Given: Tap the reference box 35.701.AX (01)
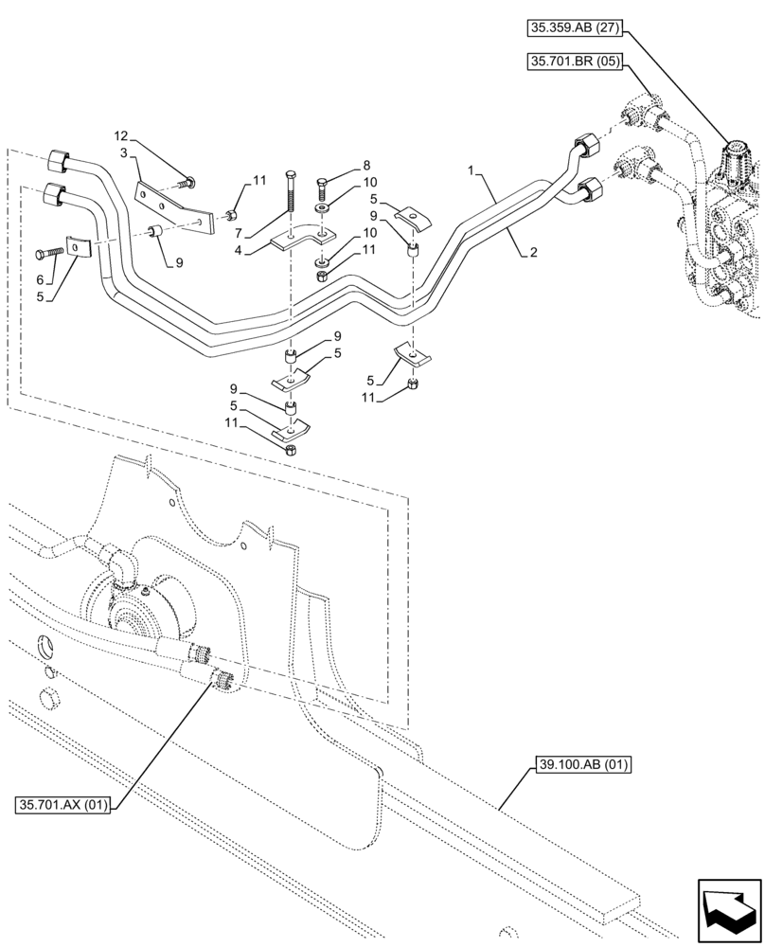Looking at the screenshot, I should [x=63, y=805].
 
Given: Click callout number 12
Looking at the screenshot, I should [x=122, y=136].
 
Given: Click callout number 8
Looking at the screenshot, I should [x=340, y=163].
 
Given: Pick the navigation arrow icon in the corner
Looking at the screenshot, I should [x=728, y=908].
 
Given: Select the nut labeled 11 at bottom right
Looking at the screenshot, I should [x=415, y=383].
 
